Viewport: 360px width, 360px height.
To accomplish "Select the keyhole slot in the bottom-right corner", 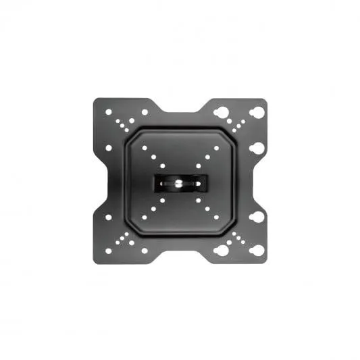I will click(257, 249).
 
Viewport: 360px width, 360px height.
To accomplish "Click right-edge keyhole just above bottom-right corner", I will click(257, 217).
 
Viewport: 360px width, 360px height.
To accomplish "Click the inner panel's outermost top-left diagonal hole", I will click(145, 148).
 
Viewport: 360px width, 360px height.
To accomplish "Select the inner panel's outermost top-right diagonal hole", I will click(216, 147).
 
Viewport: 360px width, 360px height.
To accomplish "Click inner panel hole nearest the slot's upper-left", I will click(163, 165).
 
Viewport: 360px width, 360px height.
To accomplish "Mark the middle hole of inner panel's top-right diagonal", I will click(207, 156).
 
